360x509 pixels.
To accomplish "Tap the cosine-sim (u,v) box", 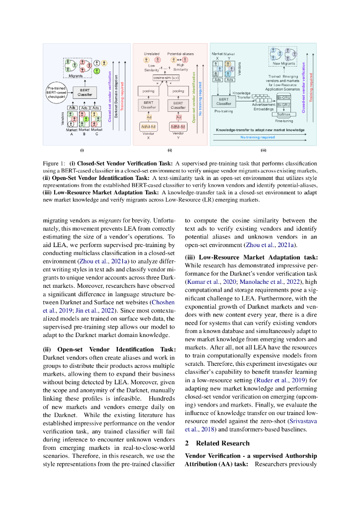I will point(166,78).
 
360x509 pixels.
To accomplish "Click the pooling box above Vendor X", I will point(148,92).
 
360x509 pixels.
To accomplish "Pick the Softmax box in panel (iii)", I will point(283,114).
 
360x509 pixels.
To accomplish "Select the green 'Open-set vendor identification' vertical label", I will point(193,94).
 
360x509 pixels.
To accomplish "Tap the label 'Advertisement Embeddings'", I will point(264,107).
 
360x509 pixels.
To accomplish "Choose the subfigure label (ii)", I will point(170,150).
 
